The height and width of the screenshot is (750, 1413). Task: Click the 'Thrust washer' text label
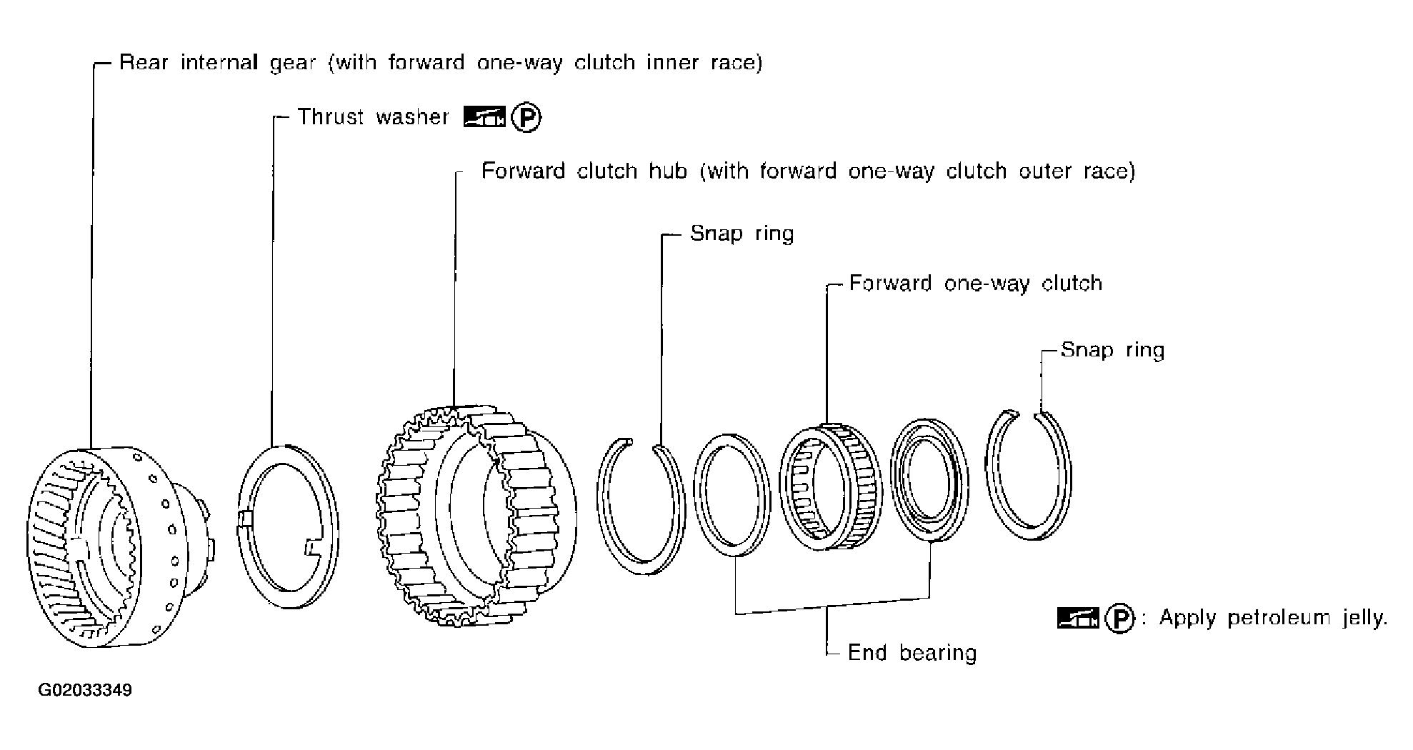(x=373, y=117)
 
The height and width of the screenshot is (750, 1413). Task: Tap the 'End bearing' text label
(x=912, y=653)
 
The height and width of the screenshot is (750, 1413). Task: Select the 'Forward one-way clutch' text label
(x=975, y=284)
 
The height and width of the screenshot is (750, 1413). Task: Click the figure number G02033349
(x=85, y=691)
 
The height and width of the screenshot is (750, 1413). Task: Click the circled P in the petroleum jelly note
(x=1119, y=619)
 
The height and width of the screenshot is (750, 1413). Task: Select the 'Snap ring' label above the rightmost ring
(x=1112, y=350)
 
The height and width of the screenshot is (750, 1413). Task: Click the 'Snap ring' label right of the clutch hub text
(x=742, y=234)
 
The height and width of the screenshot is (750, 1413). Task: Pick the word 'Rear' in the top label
(x=144, y=63)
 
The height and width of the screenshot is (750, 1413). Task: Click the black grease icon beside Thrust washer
(x=484, y=117)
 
